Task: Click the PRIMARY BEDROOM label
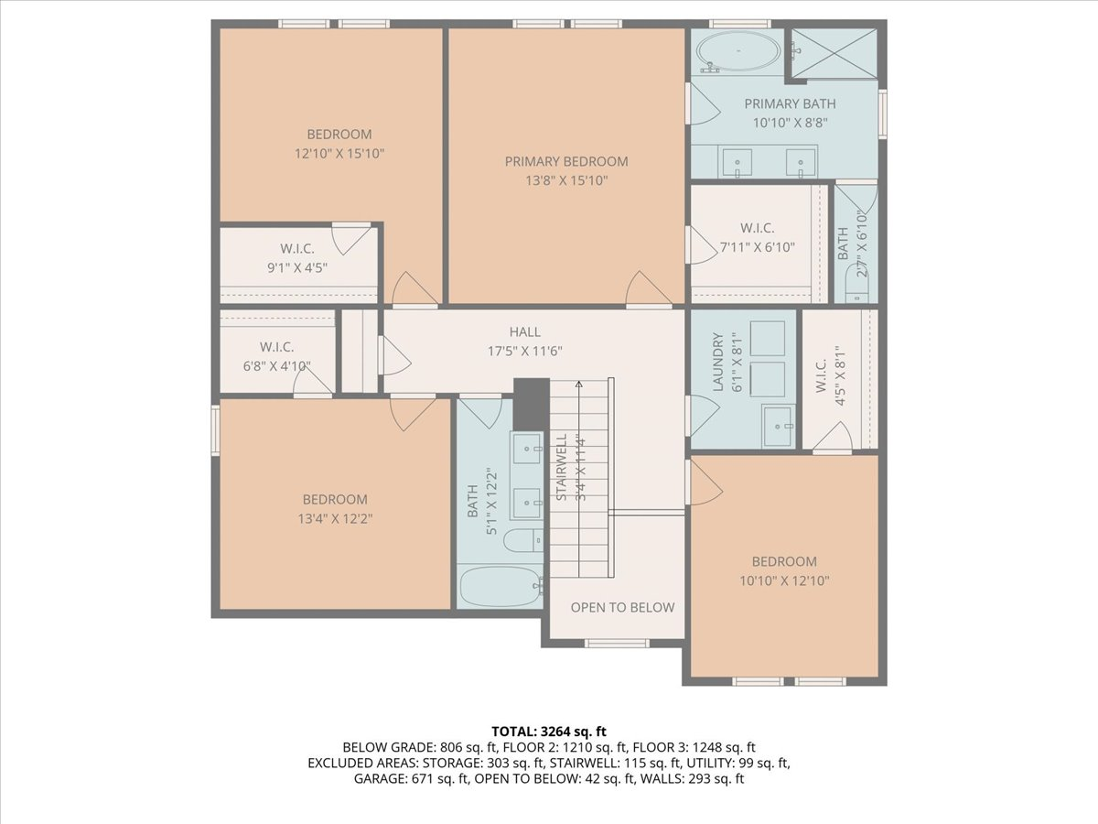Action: (x=566, y=162)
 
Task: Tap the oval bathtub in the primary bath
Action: (x=738, y=51)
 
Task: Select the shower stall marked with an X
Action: (x=834, y=53)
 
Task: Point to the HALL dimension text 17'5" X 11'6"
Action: (x=524, y=352)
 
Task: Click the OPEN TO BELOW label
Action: (x=622, y=607)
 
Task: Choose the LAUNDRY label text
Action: (x=718, y=362)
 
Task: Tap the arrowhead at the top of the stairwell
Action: (x=579, y=385)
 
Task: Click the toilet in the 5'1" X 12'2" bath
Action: (x=523, y=540)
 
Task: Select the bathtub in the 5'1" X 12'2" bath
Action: (x=501, y=587)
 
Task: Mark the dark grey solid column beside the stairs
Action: (x=532, y=405)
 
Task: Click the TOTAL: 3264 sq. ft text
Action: (x=549, y=732)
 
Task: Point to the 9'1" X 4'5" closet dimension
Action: (x=297, y=267)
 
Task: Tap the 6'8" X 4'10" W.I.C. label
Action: (x=276, y=366)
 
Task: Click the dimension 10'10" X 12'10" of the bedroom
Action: (x=784, y=580)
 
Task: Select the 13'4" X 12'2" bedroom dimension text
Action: (x=335, y=519)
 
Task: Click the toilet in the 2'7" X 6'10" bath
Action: (x=856, y=284)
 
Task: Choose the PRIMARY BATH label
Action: (x=790, y=104)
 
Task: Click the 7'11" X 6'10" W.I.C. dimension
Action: (x=758, y=247)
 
